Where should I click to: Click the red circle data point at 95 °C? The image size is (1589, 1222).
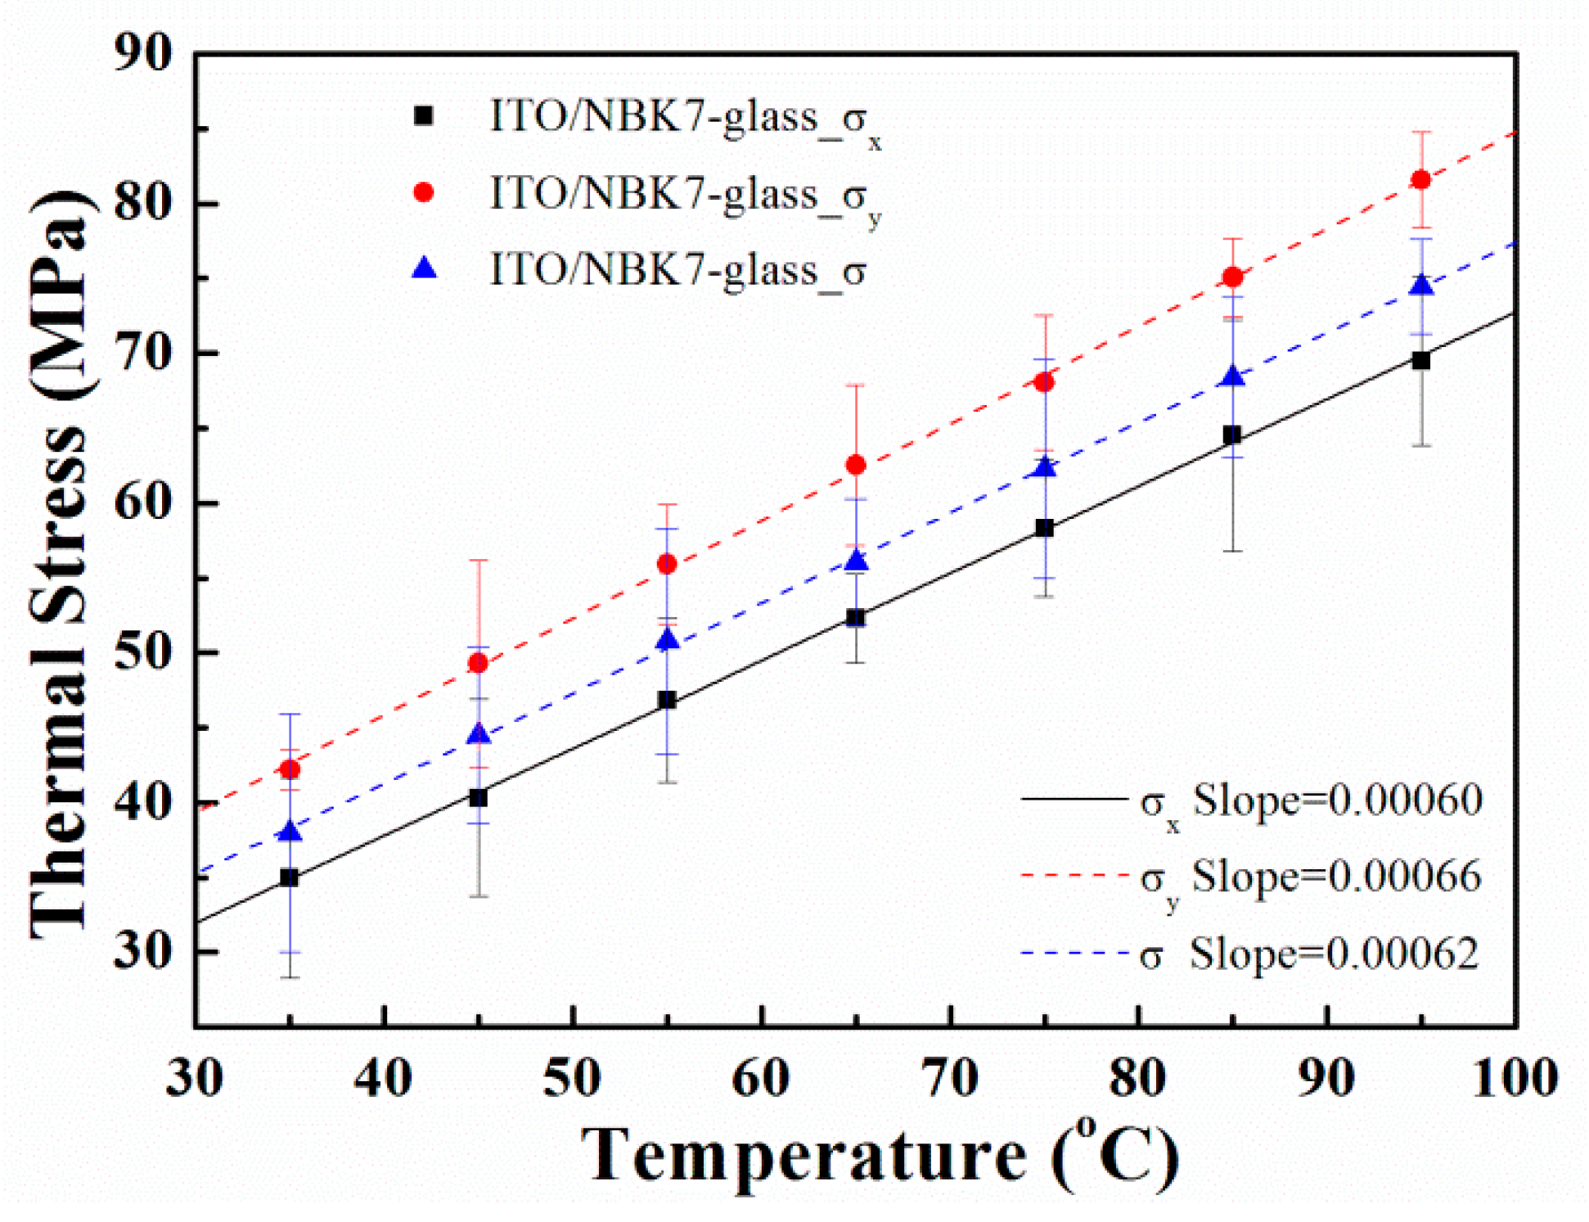tap(1421, 179)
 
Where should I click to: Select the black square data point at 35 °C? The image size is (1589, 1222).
tap(289, 878)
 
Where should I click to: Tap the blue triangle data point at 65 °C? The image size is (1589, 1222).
tap(856, 561)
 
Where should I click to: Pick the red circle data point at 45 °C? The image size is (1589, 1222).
tap(478, 663)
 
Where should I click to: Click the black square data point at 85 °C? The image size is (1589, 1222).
tap(1232, 435)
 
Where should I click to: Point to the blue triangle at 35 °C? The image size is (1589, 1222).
tap(290, 833)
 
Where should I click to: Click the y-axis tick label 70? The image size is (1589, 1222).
tap(143, 354)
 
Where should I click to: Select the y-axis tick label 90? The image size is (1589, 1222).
tap(143, 54)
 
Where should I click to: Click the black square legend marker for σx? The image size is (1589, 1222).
tap(423, 116)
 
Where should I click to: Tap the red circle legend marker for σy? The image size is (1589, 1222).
tap(423, 192)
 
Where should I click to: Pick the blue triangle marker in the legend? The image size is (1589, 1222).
tap(423, 268)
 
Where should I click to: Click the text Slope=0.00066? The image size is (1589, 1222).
tap(1335, 877)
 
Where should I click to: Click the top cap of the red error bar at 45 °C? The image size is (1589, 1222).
tap(478, 561)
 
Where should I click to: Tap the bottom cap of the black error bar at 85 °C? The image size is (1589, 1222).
tap(1232, 551)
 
